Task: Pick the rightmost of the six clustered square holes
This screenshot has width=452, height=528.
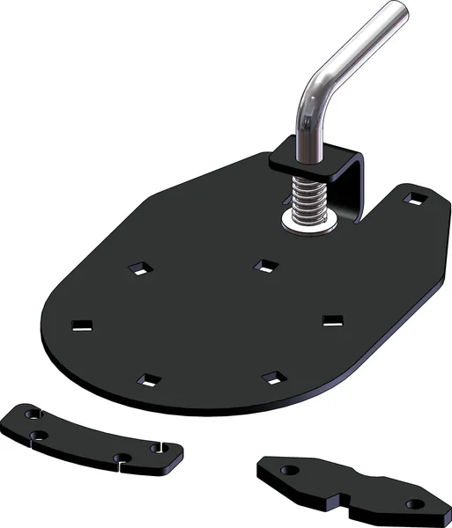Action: pos(332,319)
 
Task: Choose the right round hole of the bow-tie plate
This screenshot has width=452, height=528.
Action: pos(415,503)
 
